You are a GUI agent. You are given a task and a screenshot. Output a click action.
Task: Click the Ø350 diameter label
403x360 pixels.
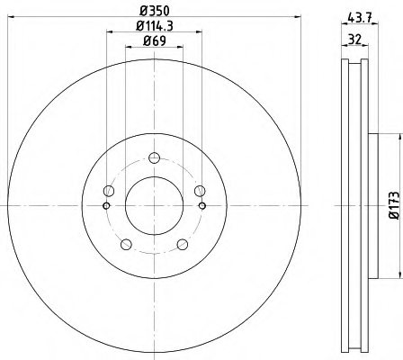154,12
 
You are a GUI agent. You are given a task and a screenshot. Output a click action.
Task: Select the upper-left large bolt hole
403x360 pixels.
110,190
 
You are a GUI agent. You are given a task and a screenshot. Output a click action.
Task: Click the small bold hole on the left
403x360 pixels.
106,206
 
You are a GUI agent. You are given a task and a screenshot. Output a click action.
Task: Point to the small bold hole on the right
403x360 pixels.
201,206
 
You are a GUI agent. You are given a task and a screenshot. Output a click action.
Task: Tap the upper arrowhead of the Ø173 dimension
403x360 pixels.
392,135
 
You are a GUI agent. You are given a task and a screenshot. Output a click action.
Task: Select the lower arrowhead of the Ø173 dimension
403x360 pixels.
392,276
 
